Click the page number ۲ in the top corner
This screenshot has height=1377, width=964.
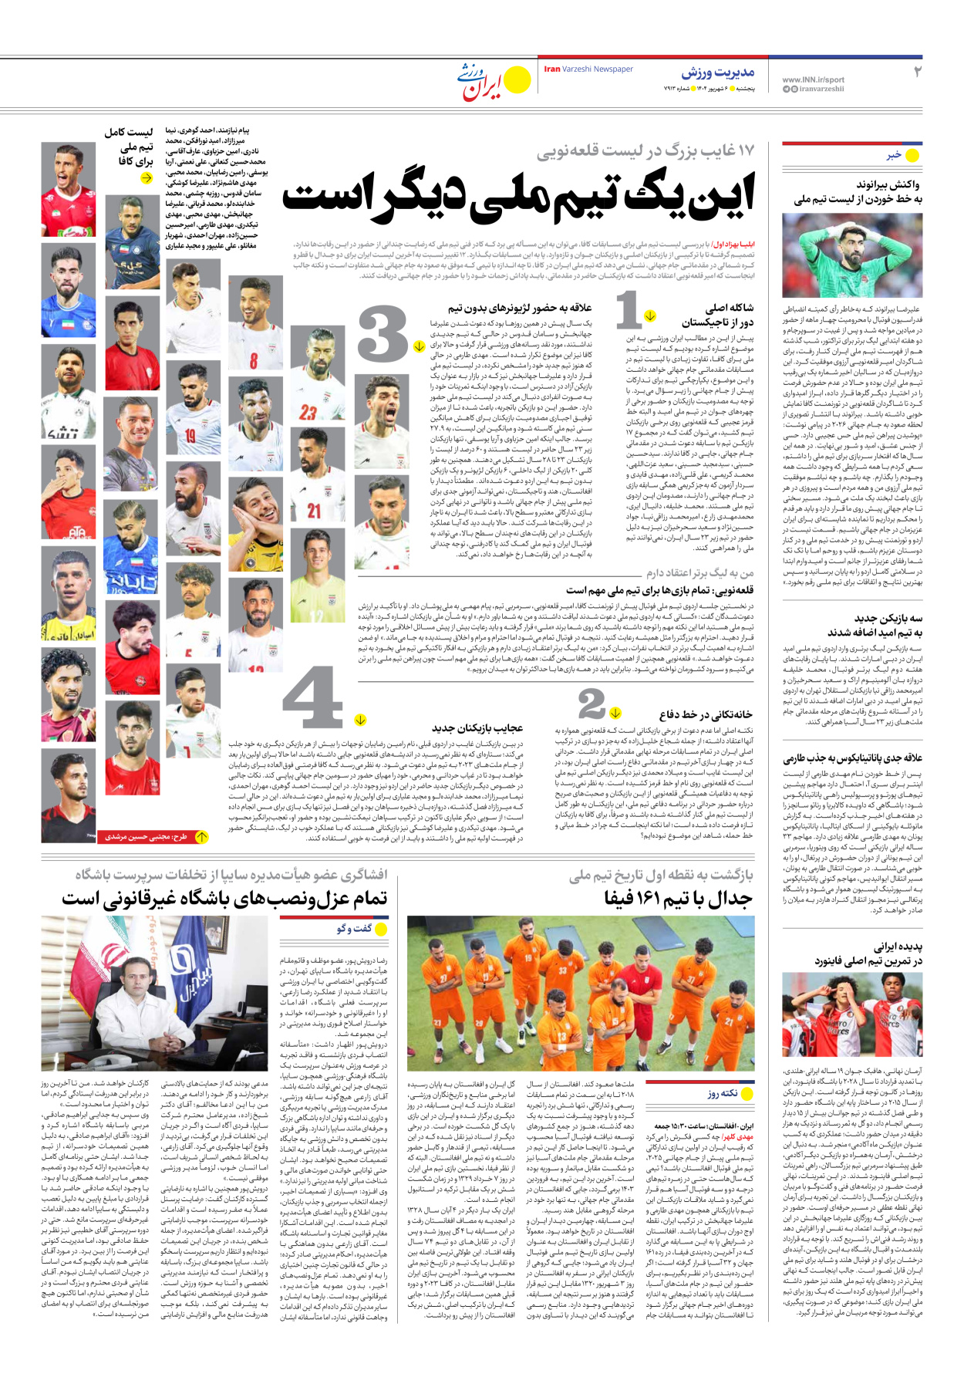click(x=917, y=72)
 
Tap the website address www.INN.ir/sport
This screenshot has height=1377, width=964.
click(x=813, y=79)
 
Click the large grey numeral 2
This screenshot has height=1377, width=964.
click(x=592, y=704)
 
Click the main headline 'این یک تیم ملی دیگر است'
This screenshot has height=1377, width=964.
click(x=518, y=194)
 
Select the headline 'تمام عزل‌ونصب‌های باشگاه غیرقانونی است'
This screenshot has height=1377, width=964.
click(x=224, y=899)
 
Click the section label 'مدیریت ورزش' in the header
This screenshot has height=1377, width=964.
click(x=717, y=73)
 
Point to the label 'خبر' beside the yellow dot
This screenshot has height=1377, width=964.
click(x=893, y=155)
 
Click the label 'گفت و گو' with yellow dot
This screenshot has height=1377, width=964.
click(x=354, y=929)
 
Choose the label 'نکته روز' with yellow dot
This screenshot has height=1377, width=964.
click(x=722, y=1093)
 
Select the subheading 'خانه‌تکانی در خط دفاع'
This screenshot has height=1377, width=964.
click(x=706, y=714)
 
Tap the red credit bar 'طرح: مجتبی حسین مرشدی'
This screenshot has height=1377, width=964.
click(x=147, y=836)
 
